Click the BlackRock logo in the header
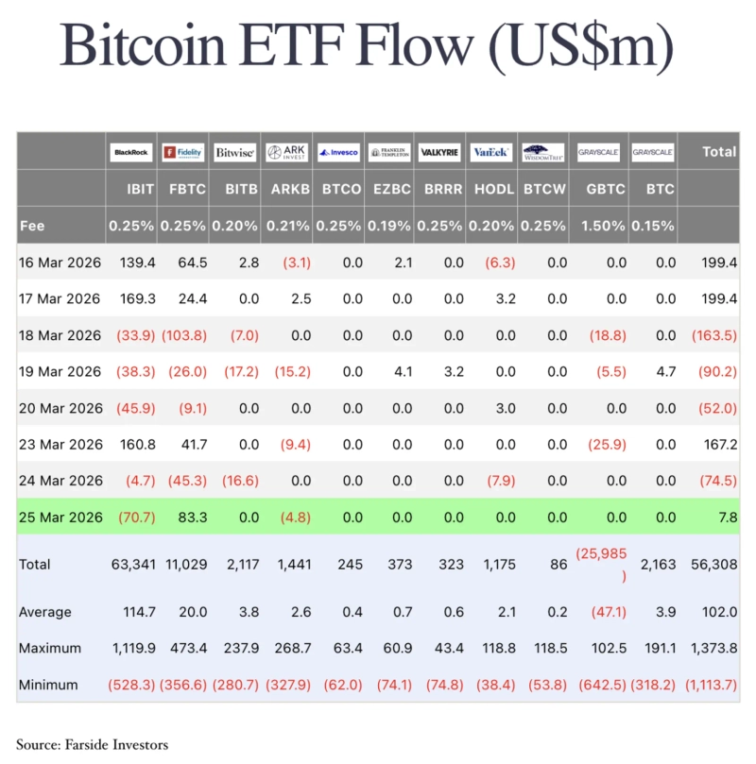click(131, 152)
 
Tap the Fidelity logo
click(182, 152)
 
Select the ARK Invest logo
click(286, 152)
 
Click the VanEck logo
click(491, 152)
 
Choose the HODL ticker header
click(494, 189)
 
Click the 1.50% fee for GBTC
click(604, 227)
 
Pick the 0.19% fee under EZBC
click(390, 227)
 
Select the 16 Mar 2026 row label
click(60, 263)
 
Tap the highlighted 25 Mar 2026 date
click(60, 518)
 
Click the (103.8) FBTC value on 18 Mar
click(184, 335)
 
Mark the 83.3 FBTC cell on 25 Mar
click(192, 518)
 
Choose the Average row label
click(45, 613)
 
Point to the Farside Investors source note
click(92, 744)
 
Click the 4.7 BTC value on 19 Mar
click(664, 372)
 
